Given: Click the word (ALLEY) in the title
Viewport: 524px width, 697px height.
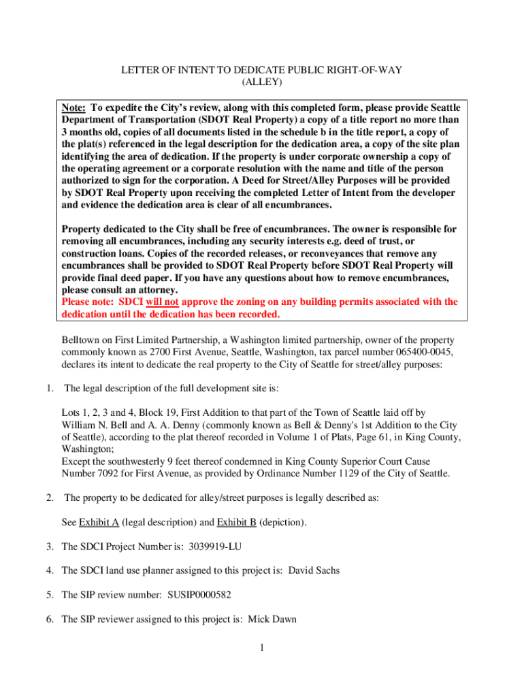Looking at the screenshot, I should pyautogui.click(x=262, y=82).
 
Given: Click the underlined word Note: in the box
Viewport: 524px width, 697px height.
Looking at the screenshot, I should pyautogui.click(x=73, y=108).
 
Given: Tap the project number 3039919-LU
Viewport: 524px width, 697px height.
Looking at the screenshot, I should pyautogui.click(x=207, y=546).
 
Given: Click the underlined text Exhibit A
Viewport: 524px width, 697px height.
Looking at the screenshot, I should pyautogui.click(x=99, y=522).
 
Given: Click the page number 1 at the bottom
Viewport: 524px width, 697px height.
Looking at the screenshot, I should pyautogui.click(x=261, y=647).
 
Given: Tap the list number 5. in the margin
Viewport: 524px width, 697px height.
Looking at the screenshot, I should pyautogui.click(x=50, y=595).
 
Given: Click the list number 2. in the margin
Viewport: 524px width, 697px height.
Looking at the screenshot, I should pyautogui.click(x=50, y=498).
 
